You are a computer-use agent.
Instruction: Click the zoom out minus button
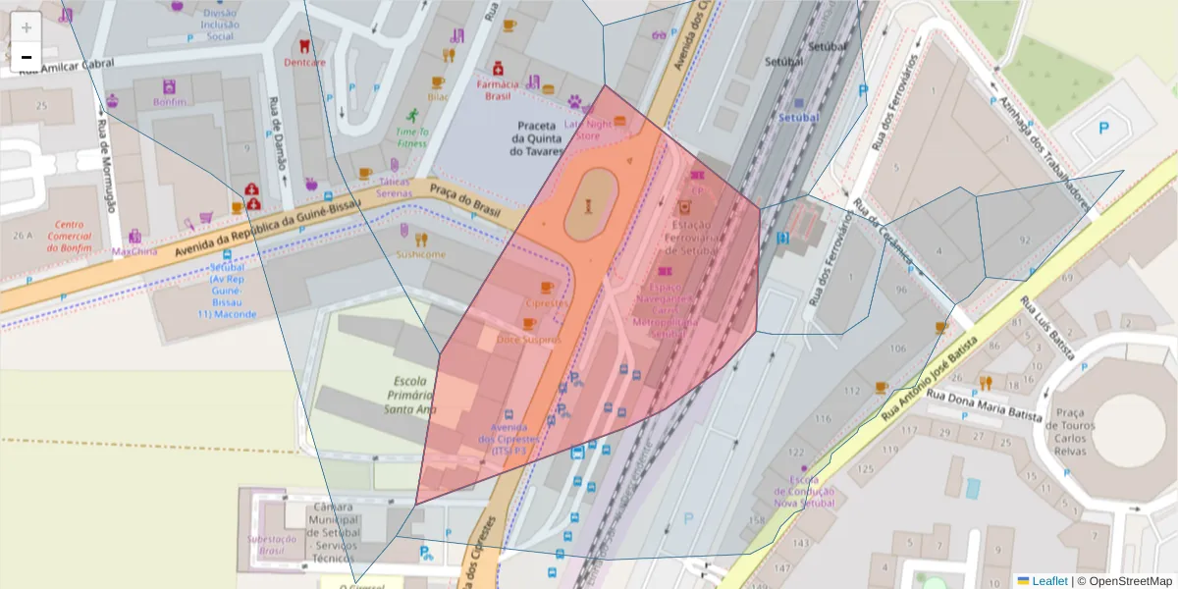click(27, 57)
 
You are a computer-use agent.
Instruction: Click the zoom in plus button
click(27, 27)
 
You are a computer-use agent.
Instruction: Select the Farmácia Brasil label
click(498, 90)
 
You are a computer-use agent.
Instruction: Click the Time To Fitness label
click(411, 136)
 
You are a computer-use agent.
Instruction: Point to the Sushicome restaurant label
click(420, 254)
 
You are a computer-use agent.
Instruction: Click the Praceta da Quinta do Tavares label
click(537, 138)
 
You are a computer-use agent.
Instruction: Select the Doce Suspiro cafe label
click(527, 340)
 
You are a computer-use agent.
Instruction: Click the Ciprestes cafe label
click(546, 303)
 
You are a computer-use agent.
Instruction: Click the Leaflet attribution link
click(1049, 580)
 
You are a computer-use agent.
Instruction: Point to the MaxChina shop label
click(134, 251)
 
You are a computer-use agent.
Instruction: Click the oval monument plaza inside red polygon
click(590, 203)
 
